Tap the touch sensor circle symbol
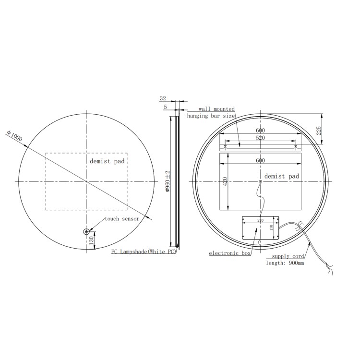[x=87, y=232]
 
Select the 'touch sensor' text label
[x=122, y=219]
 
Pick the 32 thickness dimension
[x=163, y=98]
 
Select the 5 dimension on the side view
[x=165, y=108]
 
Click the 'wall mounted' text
[x=216, y=109]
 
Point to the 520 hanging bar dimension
[x=260, y=138]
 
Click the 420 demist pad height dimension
[x=224, y=182]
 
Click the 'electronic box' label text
[x=230, y=253]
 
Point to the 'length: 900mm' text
[x=285, y=263]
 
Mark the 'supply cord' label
[x=288, y=257]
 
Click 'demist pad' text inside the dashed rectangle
[x=107, y=161]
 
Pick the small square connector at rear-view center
[x=261, y=182]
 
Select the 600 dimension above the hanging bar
[x=260, y=131]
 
